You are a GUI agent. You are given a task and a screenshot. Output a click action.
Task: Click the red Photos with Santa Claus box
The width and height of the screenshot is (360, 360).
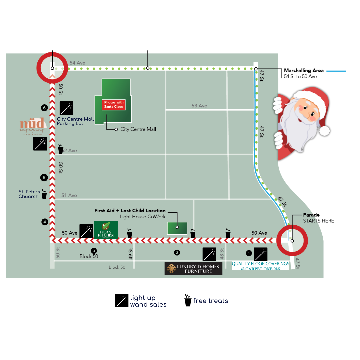point(114,105)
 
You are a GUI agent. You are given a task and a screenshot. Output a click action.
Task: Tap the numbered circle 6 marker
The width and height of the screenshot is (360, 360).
point(44,108)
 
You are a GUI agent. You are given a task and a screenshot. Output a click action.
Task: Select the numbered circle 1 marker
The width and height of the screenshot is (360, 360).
point(248,253)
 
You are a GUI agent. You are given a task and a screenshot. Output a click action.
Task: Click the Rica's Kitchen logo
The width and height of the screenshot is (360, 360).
point(106,230)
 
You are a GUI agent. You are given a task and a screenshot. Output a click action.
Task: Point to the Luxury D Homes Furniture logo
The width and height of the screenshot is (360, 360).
point(193,269)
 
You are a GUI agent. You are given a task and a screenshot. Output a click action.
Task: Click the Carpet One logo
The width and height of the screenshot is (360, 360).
point(260,269)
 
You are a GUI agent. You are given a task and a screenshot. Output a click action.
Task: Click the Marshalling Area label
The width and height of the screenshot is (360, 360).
point(304,71)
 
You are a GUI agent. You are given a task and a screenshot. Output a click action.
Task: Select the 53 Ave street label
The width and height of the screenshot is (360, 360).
point(199,106)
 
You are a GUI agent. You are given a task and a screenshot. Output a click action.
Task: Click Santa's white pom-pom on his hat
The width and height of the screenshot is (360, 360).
point(324,130)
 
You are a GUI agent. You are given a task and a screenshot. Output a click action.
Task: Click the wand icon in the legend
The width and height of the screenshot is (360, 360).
point(122,300)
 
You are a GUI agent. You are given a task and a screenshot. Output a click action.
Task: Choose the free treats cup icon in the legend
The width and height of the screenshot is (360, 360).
point(188,300)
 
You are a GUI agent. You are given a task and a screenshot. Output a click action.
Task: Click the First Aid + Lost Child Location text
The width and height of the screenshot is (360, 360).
point(130,211)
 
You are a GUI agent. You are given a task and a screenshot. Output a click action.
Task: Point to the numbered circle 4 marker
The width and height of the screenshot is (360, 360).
point(44,222)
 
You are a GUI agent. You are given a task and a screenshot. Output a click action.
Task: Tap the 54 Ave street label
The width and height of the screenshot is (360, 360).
point(77,63)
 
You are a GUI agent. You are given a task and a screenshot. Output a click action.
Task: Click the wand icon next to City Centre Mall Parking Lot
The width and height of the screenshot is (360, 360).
point(66,108)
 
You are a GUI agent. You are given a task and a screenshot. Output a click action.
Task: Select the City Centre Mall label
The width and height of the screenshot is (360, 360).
point(138,129)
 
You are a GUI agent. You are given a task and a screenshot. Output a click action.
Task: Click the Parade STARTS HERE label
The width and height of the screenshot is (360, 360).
point(318,218)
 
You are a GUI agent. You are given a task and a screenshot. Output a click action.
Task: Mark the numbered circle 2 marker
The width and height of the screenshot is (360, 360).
point(177,253)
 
